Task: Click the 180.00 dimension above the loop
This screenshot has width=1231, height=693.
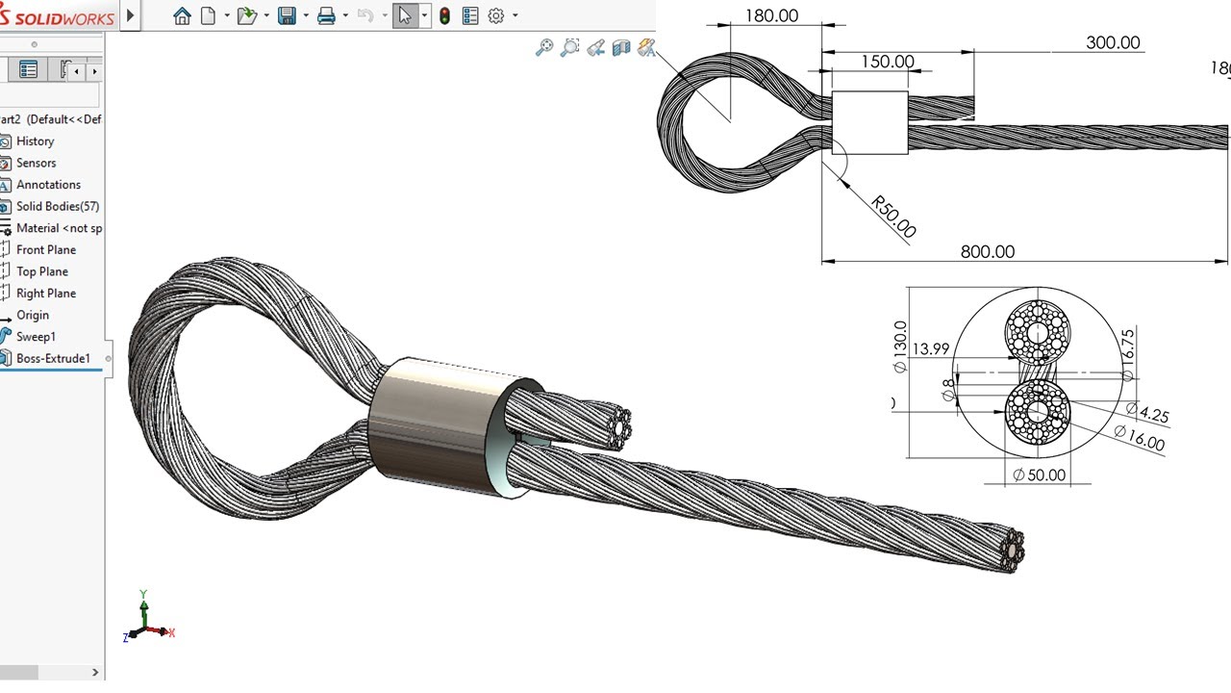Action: (x=771, y=15)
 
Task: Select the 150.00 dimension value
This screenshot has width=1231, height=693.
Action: (x=887, y=62)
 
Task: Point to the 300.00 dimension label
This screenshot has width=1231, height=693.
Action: (x=1113, y=42)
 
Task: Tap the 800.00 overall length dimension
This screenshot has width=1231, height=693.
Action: (x=988, y=251)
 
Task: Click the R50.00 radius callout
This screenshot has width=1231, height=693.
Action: (x=893, y=217)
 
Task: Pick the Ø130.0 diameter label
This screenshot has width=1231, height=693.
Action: (x=900, y=346)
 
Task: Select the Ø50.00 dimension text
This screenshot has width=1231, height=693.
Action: (x=1039, y=475)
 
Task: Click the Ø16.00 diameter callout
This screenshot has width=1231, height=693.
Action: (x=1139, y=438)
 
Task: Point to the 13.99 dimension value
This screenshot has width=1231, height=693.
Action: (x=931, y=349)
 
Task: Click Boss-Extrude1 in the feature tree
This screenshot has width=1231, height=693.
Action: (x=53, y=359)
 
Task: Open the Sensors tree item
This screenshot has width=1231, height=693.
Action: (x=36, y=163)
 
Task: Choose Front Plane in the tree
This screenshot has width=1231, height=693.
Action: (x=45, y=249)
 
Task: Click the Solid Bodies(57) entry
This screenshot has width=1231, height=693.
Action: (x=57, y=206)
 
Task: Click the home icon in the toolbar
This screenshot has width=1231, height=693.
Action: (x=182, y=15)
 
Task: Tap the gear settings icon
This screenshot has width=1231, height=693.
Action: (x=496, y=15)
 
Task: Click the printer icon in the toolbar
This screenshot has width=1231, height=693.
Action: (x=326, y=15)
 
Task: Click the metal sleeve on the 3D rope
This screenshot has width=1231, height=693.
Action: (x=438, y=423)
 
